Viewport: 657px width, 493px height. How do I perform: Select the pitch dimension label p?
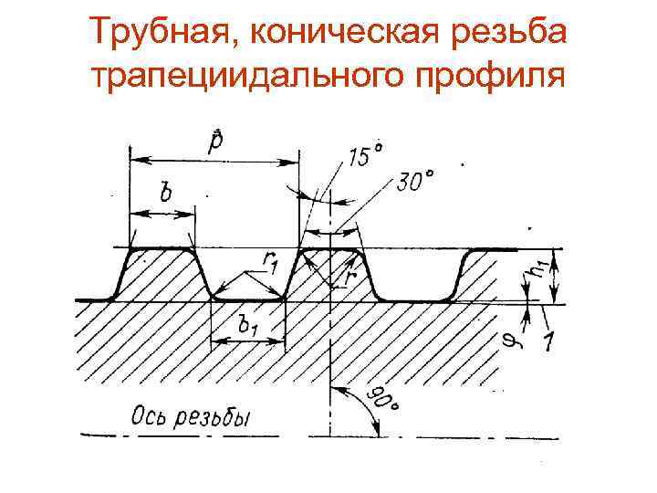click(215, 143)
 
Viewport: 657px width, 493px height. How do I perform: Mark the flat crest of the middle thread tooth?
click(329, 247)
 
